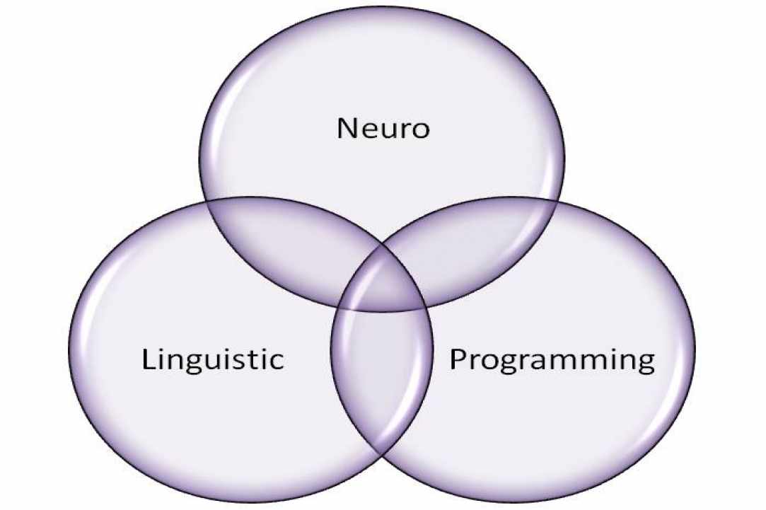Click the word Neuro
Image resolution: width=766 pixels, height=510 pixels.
[383, 128]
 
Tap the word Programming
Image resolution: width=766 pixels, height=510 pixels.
[552, 361]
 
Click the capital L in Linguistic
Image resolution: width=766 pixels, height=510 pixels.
[149, 359]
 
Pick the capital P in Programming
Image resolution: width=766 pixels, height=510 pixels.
[458, 359]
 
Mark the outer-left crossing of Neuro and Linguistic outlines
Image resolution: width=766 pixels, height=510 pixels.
[206, 202]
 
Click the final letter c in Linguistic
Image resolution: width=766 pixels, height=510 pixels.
[276, 362]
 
